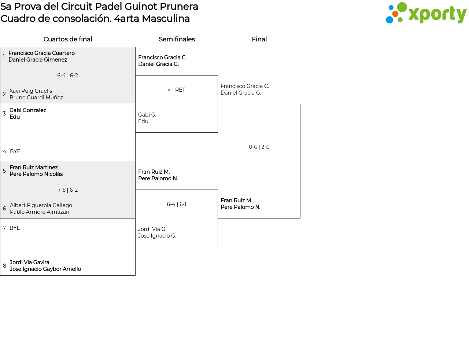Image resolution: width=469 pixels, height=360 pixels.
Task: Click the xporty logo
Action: [426, 14]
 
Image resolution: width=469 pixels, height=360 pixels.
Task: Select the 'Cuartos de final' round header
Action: [68, 39]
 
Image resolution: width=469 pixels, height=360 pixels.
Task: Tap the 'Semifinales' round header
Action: [177, 39]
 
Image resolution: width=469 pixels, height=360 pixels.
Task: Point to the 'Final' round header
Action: [259, 39]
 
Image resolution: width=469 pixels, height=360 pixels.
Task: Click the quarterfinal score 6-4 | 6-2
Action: [67, 76]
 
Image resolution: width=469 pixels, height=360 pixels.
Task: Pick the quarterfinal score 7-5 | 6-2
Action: [67, 190]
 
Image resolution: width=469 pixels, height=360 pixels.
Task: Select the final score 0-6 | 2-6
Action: [259, 147]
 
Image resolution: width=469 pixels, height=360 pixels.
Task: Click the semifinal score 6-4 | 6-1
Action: [177, 204]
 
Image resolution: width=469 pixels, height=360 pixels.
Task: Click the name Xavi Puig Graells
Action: [31, 91]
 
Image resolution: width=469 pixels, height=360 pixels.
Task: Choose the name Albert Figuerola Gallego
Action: [41, 205]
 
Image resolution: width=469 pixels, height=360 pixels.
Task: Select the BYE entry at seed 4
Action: [15, 151]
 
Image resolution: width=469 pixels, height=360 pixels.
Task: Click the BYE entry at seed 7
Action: [15, 228]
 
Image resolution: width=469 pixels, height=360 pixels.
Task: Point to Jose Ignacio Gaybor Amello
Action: [45, 269]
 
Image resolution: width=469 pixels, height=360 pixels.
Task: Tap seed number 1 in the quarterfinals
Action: [4, 56]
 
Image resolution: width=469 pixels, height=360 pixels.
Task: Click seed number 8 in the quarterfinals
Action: [4, 266]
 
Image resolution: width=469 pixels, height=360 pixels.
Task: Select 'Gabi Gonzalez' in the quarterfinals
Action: [28, 110]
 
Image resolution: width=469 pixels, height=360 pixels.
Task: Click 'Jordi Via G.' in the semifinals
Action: [152, 229]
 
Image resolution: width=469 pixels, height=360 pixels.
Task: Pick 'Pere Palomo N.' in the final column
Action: [240, 207]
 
